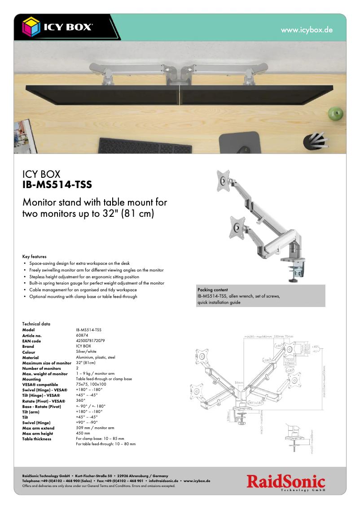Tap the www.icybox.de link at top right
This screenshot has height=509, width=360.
pos(307,30)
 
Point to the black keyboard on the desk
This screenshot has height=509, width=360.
pos(145,145)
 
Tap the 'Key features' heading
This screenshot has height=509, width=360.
pos(35,257)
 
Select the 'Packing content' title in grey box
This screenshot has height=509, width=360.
pos(212,290)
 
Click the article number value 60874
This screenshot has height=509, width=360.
pos(82,336)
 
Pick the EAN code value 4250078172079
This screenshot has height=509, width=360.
pos(90,341)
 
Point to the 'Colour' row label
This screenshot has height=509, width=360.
pos(28,352)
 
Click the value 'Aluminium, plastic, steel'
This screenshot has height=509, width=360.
pos(96,357)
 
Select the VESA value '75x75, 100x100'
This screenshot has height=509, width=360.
pos(91,384)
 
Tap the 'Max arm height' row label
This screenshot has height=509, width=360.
pos(38,434)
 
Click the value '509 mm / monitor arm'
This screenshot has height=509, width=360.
pos(95,428)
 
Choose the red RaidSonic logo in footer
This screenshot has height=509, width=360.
pos(285,483)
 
